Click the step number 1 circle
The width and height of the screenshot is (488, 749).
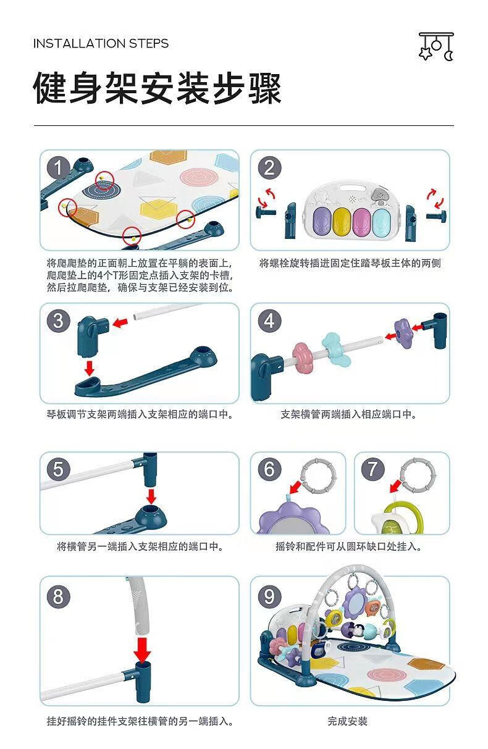(58, 167)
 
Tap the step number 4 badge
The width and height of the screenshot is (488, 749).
(269, 320)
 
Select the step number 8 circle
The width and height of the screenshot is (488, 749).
(58, 596)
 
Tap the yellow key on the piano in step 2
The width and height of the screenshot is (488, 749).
(342, 222)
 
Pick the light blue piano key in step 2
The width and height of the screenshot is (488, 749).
(382, 222)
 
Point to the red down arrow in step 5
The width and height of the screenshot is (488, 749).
(151, 497)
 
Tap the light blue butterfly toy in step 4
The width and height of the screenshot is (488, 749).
(336, 349)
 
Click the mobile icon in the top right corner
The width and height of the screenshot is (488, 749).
(436, 46)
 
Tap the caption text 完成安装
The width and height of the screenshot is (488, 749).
(348, 721)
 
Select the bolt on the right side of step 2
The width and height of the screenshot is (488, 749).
(436, 215)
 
